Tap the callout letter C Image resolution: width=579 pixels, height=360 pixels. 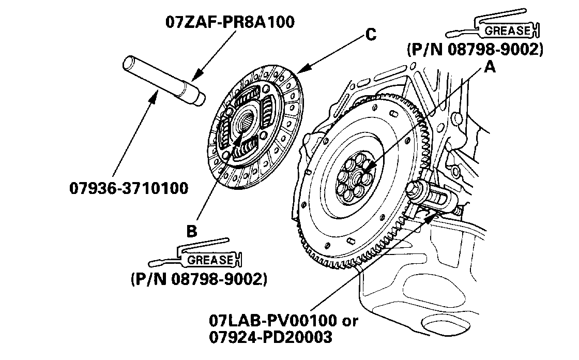click(370, 35)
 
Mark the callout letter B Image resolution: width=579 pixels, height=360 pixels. click(192, 232)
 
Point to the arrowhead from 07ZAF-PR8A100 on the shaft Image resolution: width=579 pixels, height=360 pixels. click(194, 78)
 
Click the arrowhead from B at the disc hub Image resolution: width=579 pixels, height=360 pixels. click(239, 139)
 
